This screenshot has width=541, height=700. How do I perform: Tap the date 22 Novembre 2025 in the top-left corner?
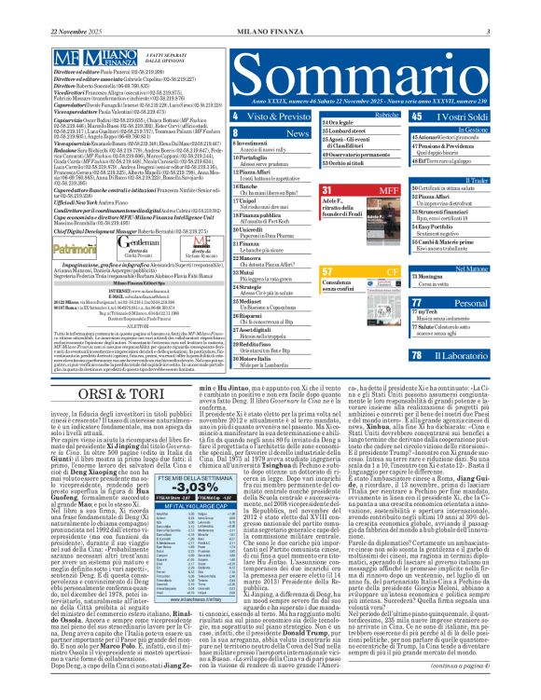(x=36, y=8)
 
